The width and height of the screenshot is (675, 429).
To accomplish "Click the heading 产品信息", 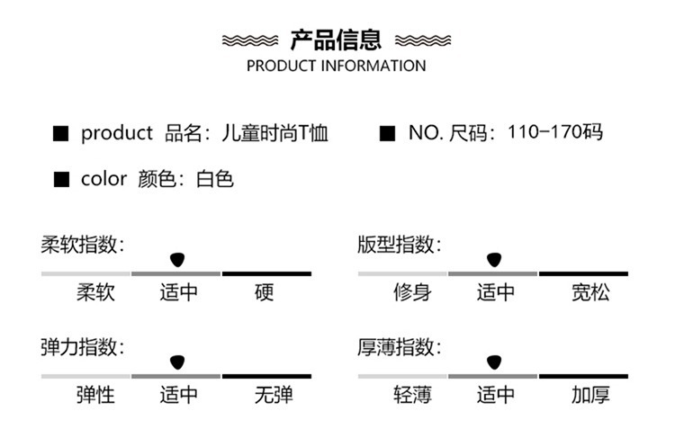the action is (x=337, y=40).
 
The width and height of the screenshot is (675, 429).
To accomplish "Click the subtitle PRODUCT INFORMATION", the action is (x=336, y=66).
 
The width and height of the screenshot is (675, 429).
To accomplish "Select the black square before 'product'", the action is (x=61, y=134).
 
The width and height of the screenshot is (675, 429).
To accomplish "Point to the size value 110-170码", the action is (x=554, y=133).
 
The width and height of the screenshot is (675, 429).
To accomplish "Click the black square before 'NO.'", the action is (x=388, y=134).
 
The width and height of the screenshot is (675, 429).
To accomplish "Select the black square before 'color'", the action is (x=61, y=179).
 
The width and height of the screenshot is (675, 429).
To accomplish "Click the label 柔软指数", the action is (x=82, y=245).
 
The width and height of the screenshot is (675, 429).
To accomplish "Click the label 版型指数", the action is (x=399, y=245).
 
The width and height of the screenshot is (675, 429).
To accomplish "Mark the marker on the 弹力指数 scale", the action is (x=176, y=362).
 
